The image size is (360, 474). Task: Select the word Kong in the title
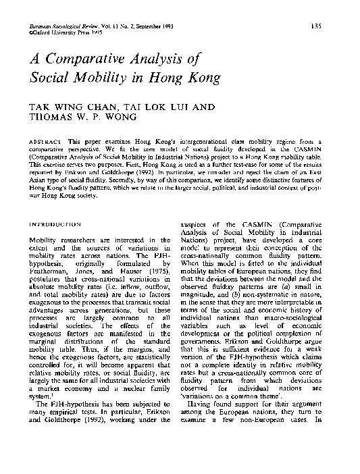(x=215, y=77)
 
